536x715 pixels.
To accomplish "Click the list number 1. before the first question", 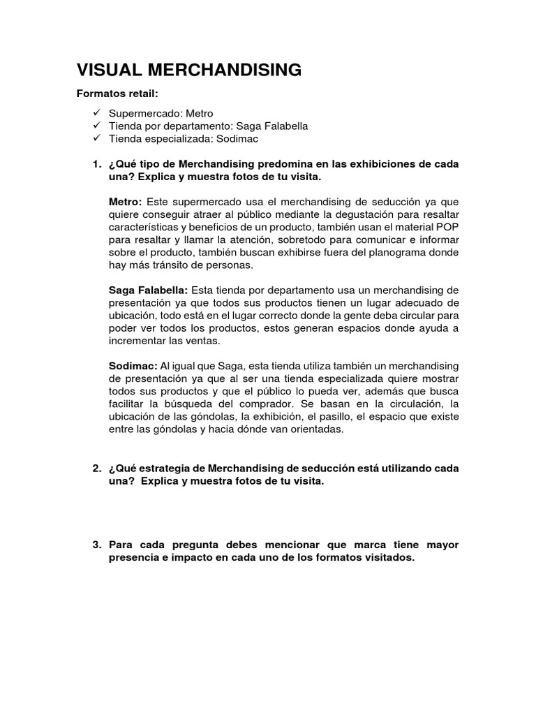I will click(97, 164).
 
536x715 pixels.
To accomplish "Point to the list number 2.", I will click(97, 467).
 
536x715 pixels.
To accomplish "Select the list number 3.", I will click(97, 545).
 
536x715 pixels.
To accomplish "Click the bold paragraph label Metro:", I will click(125, 201).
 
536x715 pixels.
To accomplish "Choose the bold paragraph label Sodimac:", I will click(133, 366).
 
